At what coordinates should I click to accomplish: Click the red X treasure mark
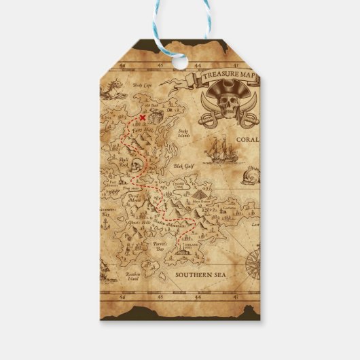pyautogui.click(x=142, y=118)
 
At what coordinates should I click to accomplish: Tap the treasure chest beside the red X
pyautogui.click(x=155, y=118)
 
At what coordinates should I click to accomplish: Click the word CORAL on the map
pyautogui.click(x=247, y=141)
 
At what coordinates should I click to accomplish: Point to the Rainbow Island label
pyautogui.click(x=136, y=276)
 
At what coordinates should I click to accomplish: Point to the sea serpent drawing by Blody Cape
pyautogui.click(x=109, y=89)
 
